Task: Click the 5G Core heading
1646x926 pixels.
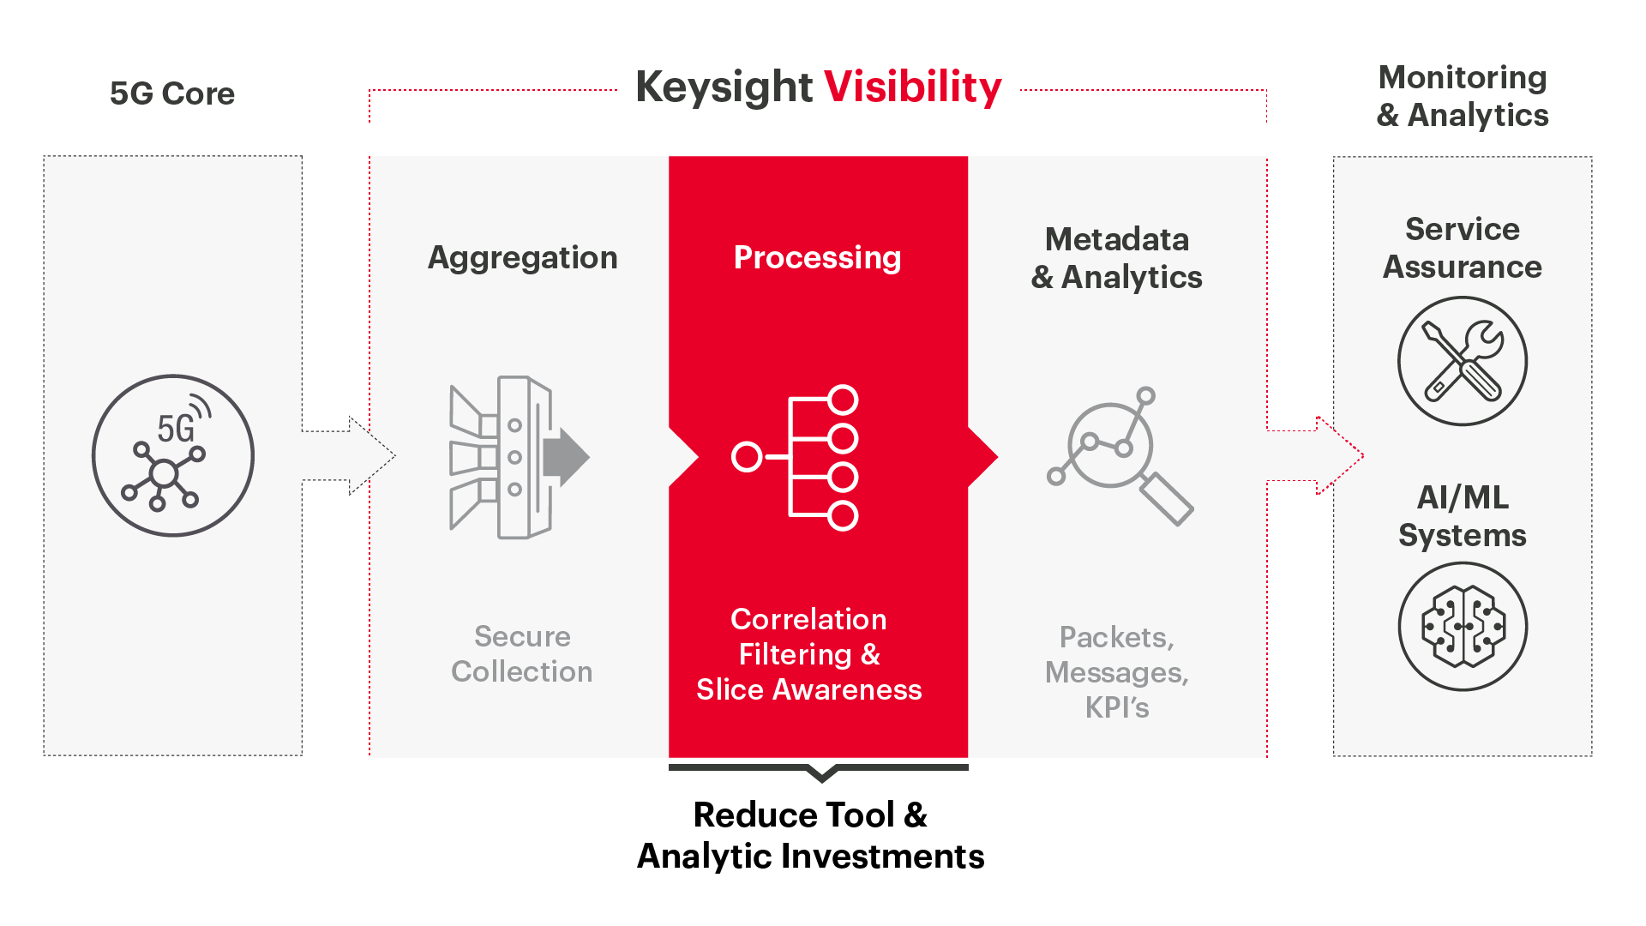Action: [x=172, y=93]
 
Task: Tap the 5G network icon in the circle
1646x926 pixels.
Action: [x=173, y=455]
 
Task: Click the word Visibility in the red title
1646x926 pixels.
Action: [x=913, y=87]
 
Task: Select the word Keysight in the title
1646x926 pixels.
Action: [x=724, y=87]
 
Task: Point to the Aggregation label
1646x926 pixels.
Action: [x=522, y=258]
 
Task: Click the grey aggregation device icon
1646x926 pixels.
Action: [x=520, y=457]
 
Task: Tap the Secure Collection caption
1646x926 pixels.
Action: [x=522, y=653]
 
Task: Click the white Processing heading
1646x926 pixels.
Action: [x=818, y=258]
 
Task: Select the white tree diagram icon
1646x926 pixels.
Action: [x=795, y=458]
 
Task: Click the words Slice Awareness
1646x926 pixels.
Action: [x=809, y=689]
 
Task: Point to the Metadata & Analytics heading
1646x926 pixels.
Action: [x=1117, y=258]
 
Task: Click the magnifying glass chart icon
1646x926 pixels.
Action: [x=1120, y=456]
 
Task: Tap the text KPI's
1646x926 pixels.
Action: [x=1117, y=707]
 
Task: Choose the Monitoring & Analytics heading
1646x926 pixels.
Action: [x=1463, y=96]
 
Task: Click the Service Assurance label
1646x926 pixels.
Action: [x=1463, y=248]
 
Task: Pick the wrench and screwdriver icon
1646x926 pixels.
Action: [x=1463, y=361]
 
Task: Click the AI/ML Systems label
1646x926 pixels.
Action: [x=1463, y=516]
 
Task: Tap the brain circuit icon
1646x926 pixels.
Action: [x=1463, y=627]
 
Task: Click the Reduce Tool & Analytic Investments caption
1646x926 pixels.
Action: [x=811, y=835]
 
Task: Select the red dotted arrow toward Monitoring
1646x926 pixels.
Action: [x=1316, y=455]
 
